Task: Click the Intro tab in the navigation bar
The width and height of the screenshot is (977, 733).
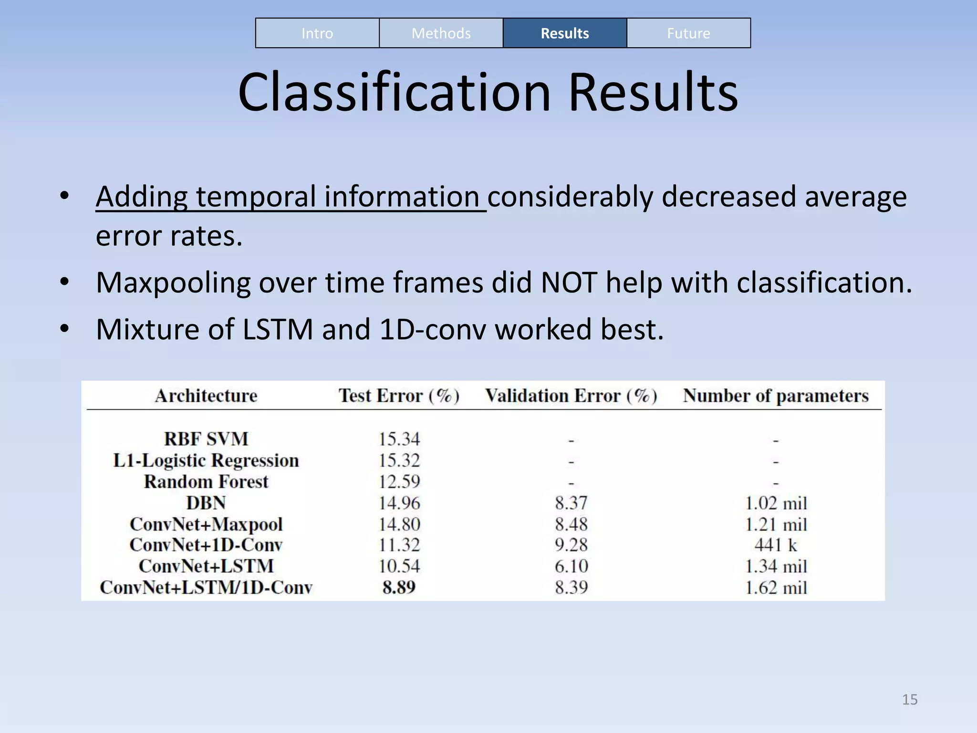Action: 317,33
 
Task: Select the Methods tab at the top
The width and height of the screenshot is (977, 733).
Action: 441,33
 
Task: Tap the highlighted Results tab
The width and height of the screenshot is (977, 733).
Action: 564,33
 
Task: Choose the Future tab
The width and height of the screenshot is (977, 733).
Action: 688,33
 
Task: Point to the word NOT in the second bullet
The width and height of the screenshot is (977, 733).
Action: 569,283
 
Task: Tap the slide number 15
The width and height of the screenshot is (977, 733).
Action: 909,700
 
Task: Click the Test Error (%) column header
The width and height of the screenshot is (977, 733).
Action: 399,396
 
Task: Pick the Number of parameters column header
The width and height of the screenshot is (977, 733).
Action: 776,396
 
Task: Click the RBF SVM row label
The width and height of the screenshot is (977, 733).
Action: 206,439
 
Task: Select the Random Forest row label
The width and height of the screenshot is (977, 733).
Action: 206,482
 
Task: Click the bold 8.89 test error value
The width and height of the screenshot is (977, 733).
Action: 399,587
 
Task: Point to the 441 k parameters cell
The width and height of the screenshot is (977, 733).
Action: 776,545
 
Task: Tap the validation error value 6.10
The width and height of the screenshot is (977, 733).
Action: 571,566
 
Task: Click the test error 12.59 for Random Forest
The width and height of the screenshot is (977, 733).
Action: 399,482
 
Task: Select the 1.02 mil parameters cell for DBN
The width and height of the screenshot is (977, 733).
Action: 776,503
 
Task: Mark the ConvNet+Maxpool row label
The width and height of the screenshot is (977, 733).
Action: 206,524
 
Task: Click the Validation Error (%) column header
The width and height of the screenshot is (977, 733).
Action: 571,396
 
